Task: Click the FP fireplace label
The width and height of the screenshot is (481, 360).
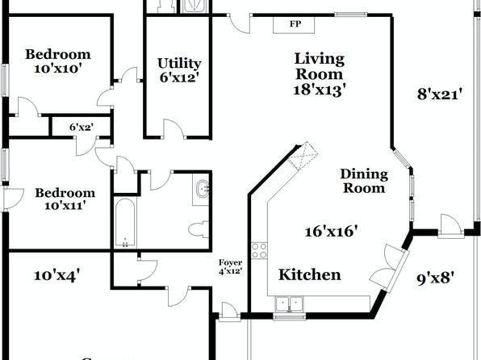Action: [295, 24]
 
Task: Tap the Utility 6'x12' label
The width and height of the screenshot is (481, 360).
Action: [179, 70]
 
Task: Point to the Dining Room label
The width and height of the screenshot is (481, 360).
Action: [364, 181]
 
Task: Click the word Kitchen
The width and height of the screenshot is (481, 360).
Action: [310, 274]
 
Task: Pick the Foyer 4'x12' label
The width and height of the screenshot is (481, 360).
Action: [230, 266]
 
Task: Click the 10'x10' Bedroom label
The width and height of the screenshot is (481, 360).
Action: [58, 61]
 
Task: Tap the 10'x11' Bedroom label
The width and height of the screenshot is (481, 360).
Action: [65, 199]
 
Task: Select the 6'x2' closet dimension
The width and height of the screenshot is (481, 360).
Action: [81, 127]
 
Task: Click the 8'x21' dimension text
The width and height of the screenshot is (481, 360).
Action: [440, 94]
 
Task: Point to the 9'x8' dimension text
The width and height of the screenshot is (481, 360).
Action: [435, 279]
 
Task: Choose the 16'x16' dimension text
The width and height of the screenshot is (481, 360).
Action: [332, 231]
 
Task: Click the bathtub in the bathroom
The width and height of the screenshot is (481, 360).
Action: [125, 223]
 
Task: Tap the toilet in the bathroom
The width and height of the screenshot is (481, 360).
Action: [199, 229]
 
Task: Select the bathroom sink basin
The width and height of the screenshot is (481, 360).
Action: [202, 188]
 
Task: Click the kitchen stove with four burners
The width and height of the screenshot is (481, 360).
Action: [260, 250]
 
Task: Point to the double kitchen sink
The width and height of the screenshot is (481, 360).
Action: [289, 303]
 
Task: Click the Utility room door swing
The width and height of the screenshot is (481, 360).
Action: [174, 128]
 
